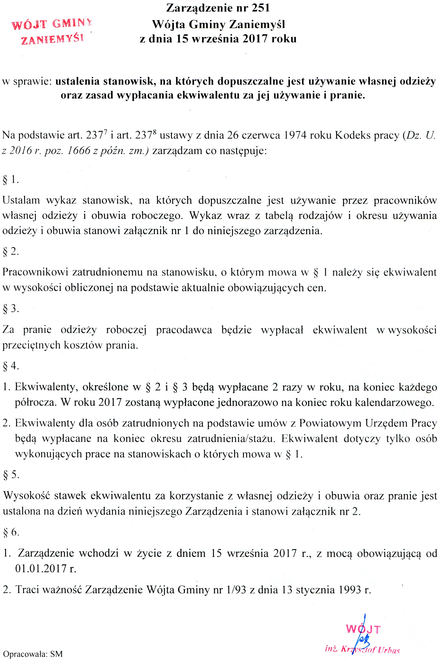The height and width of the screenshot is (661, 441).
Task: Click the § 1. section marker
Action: tap(11, 180)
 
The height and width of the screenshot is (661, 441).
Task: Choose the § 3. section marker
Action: tap(11, 309)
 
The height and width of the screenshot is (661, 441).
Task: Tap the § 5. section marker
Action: tap(11, 475)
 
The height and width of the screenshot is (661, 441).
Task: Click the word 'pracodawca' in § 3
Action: tap(184, 330)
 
